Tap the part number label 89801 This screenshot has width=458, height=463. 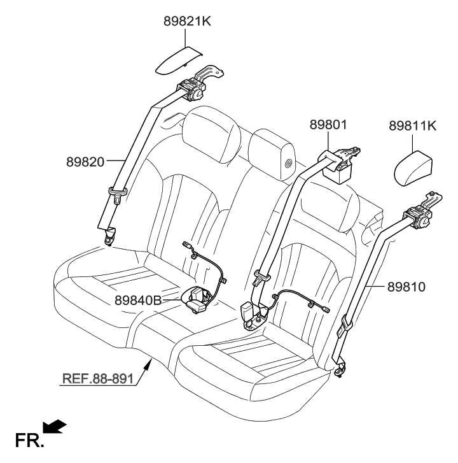pos(328,125)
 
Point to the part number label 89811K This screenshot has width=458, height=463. pos(412,126)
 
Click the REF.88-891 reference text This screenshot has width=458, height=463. pos(97,380)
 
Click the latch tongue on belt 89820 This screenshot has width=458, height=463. pos(118,193)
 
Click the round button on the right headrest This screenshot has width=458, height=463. pos(289,164)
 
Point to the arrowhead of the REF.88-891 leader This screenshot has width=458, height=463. pos(149,362)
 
